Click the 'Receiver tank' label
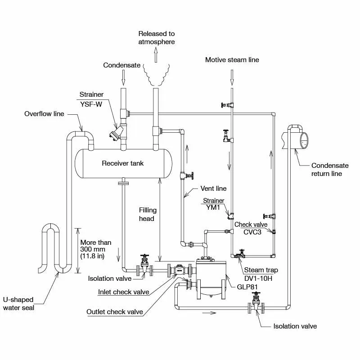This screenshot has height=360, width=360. [x=123, y=163]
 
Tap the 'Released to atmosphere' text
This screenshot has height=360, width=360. [x=157, y=38]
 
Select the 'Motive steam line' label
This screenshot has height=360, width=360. [x=232, y=59]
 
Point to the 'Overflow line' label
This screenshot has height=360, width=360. [x=44, y=114]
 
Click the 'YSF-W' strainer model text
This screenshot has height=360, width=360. [x=92, y=104]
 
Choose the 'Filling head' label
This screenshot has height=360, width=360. [x=147, y=214]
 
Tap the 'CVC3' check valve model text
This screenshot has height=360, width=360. [x=252, y=232]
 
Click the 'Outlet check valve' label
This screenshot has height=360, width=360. [x=115, y=312]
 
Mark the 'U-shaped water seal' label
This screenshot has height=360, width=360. [x=18, y=304]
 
